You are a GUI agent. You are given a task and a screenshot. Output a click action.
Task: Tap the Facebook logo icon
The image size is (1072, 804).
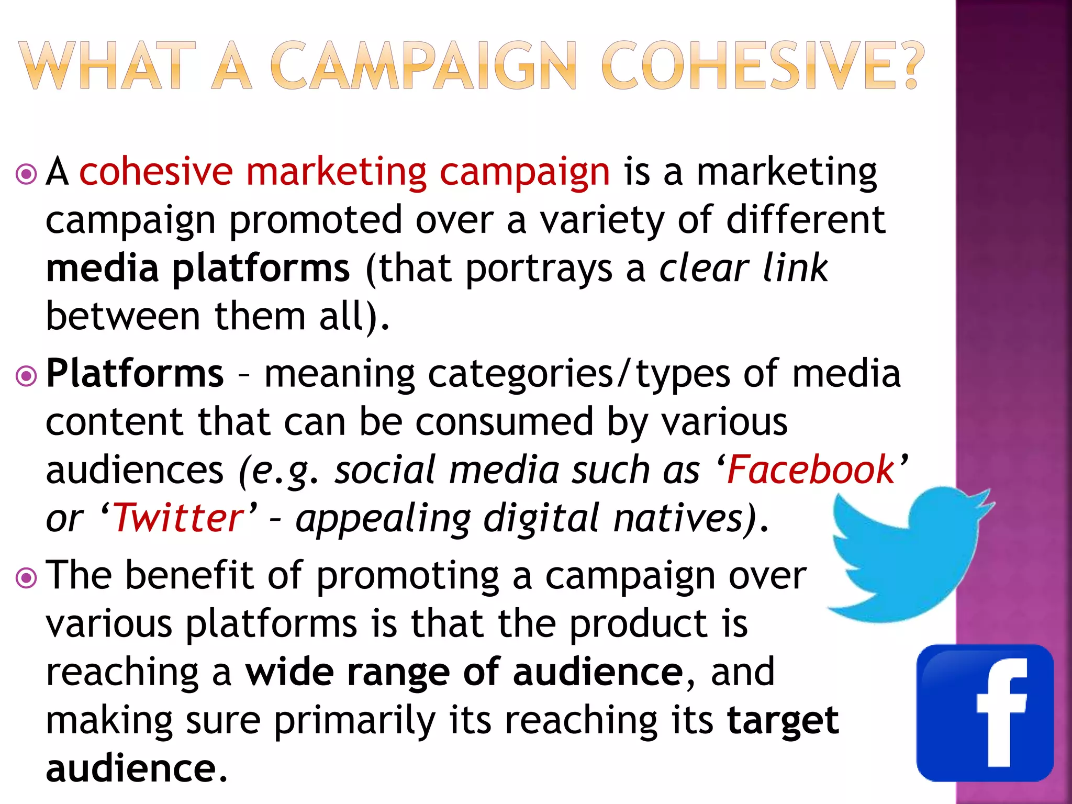(985, 713)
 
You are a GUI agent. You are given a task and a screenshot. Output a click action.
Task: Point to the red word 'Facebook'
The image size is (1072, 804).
(811, 470)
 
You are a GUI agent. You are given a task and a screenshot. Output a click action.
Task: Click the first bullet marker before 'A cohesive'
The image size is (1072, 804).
(26, 174)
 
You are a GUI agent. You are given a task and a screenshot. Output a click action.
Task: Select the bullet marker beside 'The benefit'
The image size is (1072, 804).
(26, 578)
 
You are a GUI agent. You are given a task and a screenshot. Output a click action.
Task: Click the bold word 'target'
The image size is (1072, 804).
(783, 721)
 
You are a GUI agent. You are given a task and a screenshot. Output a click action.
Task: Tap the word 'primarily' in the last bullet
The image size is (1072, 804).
(354, 721)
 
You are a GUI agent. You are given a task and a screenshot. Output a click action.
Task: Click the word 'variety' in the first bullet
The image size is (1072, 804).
(602, 220)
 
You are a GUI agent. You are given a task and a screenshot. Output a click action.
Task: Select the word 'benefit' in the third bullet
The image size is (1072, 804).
(189, 575)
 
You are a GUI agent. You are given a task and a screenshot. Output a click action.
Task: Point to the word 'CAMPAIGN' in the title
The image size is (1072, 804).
(423, 66)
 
